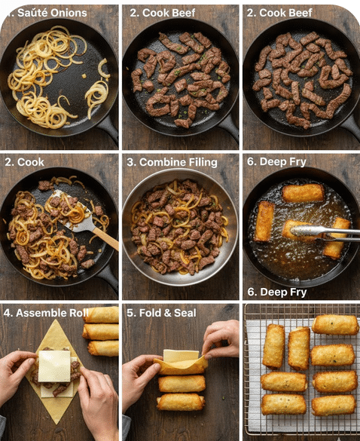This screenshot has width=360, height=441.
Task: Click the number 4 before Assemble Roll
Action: coord(7,313)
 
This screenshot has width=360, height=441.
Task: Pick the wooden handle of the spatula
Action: coord(106,238)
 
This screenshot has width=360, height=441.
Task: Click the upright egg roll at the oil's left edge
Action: coord(264,222)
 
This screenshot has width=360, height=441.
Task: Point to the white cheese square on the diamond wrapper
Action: coord(54,366)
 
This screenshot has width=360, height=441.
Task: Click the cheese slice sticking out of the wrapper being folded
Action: coord(181,356)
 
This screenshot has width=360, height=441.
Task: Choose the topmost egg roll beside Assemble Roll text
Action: coord(102,314)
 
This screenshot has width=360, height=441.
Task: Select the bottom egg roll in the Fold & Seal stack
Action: coord(181,403)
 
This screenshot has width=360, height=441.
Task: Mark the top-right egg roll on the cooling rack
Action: coord(335,325)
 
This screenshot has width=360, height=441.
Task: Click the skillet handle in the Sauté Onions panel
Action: coord(110,129)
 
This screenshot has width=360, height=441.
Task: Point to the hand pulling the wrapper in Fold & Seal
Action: coord(221,338)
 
